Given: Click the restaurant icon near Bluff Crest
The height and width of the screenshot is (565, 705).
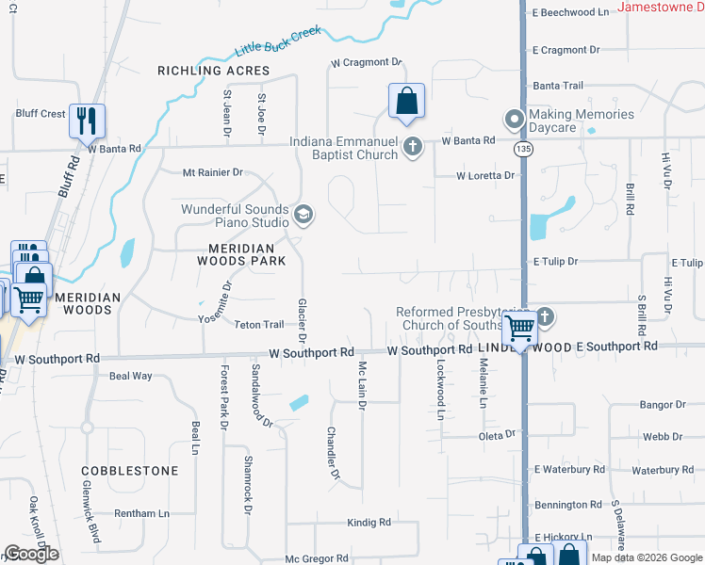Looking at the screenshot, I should pos(87,121).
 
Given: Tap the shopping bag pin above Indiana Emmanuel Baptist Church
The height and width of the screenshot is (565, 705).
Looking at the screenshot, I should pos(406,102).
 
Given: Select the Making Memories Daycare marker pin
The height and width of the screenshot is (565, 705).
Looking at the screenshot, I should pos(514,120).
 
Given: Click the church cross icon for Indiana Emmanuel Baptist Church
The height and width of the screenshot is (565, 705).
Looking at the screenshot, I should pos(412,147).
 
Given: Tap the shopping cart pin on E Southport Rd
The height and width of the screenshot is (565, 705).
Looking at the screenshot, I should pos(519,329).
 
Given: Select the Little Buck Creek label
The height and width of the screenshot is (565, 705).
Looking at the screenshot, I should pos(278,41).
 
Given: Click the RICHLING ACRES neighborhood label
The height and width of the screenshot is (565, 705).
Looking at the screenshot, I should pos(213,71).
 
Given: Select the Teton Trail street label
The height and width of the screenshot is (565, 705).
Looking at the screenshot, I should pos(258,325).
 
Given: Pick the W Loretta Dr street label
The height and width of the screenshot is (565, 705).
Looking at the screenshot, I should pos(485,175).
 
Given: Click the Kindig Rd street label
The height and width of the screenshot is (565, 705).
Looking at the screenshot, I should pos(369,522).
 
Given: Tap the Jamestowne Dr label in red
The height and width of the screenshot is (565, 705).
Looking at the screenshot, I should pos(661,8).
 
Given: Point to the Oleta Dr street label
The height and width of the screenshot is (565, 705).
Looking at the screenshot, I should pos(498,434).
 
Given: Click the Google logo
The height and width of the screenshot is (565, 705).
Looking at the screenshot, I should pos(31,554).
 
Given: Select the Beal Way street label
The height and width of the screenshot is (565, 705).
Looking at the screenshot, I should pos(130,376).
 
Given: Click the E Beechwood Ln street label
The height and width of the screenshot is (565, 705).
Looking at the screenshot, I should pos(570,12).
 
